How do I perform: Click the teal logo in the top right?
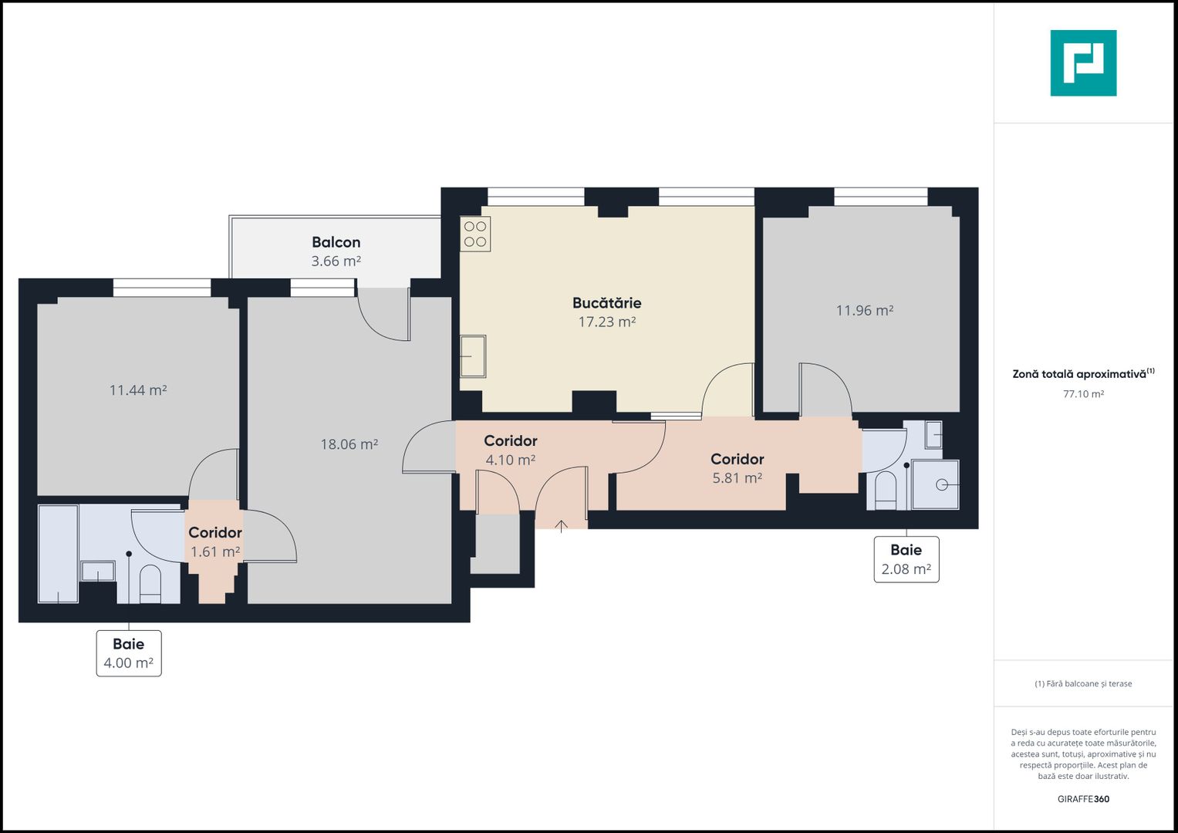tap(1083, 63)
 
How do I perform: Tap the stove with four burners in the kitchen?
tap(475, 234)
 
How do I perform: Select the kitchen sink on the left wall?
tap(473, 356)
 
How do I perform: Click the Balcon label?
tap(336, 242)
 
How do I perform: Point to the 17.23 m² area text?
tap(606, 322)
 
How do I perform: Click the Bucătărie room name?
tap(606, 303)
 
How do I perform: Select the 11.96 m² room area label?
tap(864, 311)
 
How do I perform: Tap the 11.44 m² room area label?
tap(138, 390)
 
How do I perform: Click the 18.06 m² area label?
tap(349, 444)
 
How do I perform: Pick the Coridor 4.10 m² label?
tap(510, 450)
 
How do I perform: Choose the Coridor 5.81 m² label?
tap(737, 468)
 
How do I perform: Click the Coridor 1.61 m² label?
tap(214, 542)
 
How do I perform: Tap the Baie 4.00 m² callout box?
tap(129, 653)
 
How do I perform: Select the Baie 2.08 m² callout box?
tap(906, 559)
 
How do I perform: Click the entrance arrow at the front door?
tap(562, 525)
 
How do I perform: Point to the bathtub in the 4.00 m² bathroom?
tap(59, 553)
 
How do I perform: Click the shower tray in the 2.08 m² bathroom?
tap(935, 484)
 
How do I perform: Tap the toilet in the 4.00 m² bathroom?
tap(150, 583)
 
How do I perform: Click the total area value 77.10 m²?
tap(1083, 394)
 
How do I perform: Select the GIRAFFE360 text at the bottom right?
tap(1083, 799)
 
